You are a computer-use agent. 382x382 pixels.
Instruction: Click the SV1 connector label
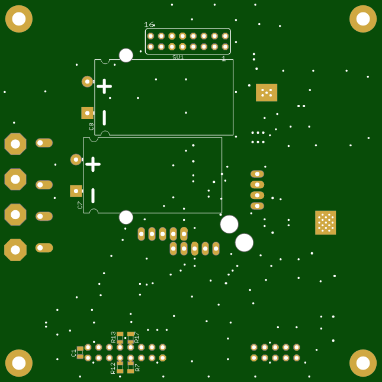pos(178,57)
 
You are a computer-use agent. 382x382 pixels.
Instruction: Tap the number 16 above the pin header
pos(149,25)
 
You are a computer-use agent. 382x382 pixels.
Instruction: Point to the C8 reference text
pos(91,126)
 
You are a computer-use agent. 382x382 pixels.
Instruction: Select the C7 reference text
pos(80,205)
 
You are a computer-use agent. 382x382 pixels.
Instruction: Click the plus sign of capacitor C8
pos(104,86)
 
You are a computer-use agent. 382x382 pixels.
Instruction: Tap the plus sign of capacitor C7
pos(93,164)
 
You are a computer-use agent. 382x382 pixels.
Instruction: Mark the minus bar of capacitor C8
pos(104,117)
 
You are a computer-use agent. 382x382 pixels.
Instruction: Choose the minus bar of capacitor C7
pos(93,195)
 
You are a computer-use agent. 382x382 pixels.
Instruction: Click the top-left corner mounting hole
pos(19,19)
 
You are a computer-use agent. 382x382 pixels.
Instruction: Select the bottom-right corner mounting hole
pos(363,363)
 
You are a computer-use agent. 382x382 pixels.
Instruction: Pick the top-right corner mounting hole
pos(363,19)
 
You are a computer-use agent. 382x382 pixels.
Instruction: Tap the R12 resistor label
pos(113,368)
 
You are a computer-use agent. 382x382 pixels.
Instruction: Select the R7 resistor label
pos(137,368)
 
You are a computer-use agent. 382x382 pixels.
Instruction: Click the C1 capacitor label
pos(74,353)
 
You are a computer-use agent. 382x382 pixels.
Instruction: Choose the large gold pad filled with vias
pos(325,223)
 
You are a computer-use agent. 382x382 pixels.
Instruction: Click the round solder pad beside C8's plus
pos(87,82)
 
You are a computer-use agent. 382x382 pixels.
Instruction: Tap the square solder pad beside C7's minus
pos(76,191)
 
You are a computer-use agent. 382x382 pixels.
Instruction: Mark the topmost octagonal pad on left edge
pos(15,144)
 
